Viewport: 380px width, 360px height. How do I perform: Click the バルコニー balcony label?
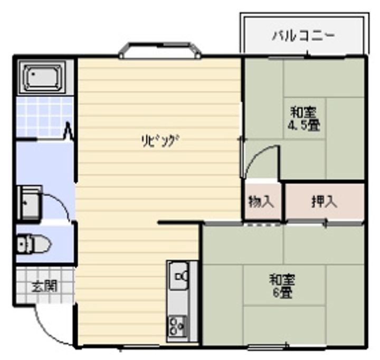(303, 36)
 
